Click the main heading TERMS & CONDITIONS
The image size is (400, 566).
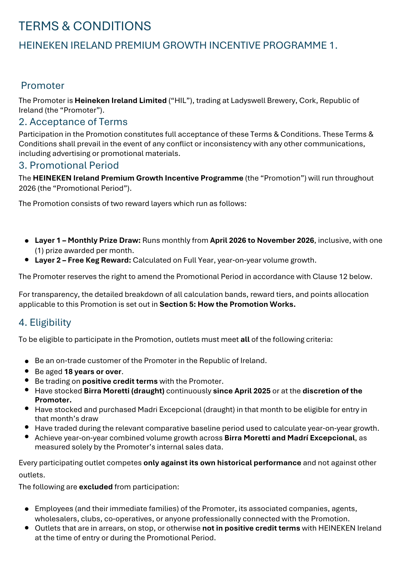(x=85, y=26)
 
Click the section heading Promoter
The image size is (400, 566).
(x=43, y=85)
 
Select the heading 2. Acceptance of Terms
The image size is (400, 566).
(x=73, y=122)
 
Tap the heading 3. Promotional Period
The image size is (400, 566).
(x=69, y=165)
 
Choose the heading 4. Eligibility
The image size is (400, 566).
(x=45, y=322)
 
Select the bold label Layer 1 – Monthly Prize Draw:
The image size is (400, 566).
(x=88, y=240)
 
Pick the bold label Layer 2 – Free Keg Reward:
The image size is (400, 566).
(x=83, y=260)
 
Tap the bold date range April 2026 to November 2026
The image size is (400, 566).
(x=262, y=240)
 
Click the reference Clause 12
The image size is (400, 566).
(x=330, y=276)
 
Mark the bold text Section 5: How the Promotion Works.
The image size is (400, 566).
(x=228, y=304)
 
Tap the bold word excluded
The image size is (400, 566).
(x=96, y=487)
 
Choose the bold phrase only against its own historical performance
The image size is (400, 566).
(x=222, y=463)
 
